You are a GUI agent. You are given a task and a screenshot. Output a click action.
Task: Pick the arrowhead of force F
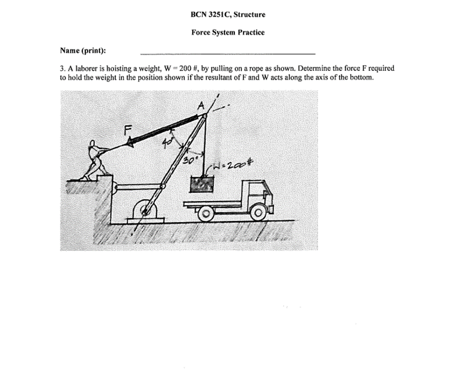coord(130,142)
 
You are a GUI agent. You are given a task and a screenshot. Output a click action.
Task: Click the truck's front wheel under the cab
coord(257,213)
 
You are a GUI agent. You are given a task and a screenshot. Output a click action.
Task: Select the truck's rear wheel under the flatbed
coord(204,214)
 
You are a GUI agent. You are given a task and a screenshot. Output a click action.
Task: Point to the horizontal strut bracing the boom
coord(136,187)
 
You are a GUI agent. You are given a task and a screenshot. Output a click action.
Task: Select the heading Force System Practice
coord(228,32)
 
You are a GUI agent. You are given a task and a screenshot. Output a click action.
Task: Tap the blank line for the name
coord(228,54)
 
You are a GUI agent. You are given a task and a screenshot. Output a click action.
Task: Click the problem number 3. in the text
coord(62,69)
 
